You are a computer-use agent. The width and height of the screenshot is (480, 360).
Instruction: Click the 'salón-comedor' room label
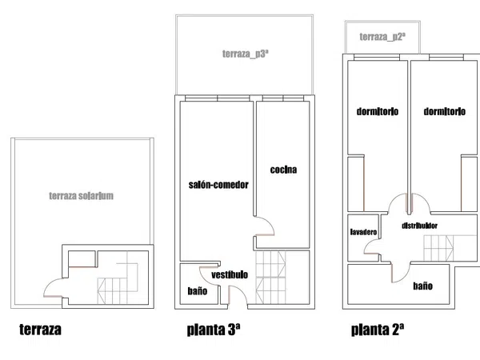[x=218, y=185]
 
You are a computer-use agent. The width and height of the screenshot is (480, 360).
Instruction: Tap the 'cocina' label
[x=283, y=170]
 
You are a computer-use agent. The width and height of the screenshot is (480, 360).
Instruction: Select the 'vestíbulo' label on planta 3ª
[x=230, y=274]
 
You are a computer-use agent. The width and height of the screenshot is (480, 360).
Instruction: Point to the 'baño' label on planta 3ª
[x=198, y=291]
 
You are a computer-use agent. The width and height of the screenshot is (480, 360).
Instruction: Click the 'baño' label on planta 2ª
[x=422, y=286]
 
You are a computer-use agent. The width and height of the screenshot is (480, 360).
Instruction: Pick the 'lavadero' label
[x=363, y=232]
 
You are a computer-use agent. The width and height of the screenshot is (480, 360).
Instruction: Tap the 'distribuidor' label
[x=419, y=226]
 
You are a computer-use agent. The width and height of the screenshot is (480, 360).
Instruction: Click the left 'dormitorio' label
[x=378, y=111]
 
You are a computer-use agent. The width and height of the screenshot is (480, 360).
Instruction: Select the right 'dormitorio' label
[x=445, y=111]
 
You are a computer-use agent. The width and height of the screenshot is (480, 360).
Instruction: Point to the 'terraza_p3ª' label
[x=246, y=54]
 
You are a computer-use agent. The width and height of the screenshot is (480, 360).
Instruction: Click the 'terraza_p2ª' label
[x=382, y=37]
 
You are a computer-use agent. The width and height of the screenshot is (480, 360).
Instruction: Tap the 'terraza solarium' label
[x=81, y=196]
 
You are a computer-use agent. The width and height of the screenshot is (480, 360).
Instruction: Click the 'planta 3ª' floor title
[x=214, y=330]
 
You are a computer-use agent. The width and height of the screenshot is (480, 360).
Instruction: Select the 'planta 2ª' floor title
[x=378, y=330]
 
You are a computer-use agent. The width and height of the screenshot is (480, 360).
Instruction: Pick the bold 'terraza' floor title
[x=40, y=330]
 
